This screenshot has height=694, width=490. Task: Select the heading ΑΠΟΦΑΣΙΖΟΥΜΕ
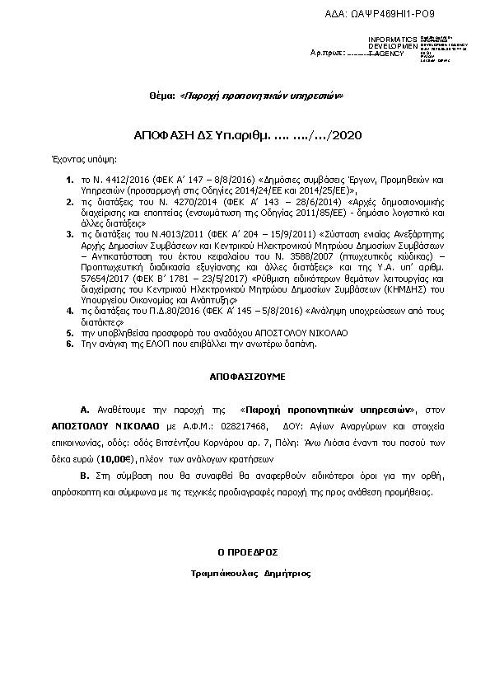245,374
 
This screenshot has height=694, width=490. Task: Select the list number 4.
70,311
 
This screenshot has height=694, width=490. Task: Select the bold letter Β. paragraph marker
84,476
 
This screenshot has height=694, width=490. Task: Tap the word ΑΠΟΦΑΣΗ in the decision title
162,134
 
